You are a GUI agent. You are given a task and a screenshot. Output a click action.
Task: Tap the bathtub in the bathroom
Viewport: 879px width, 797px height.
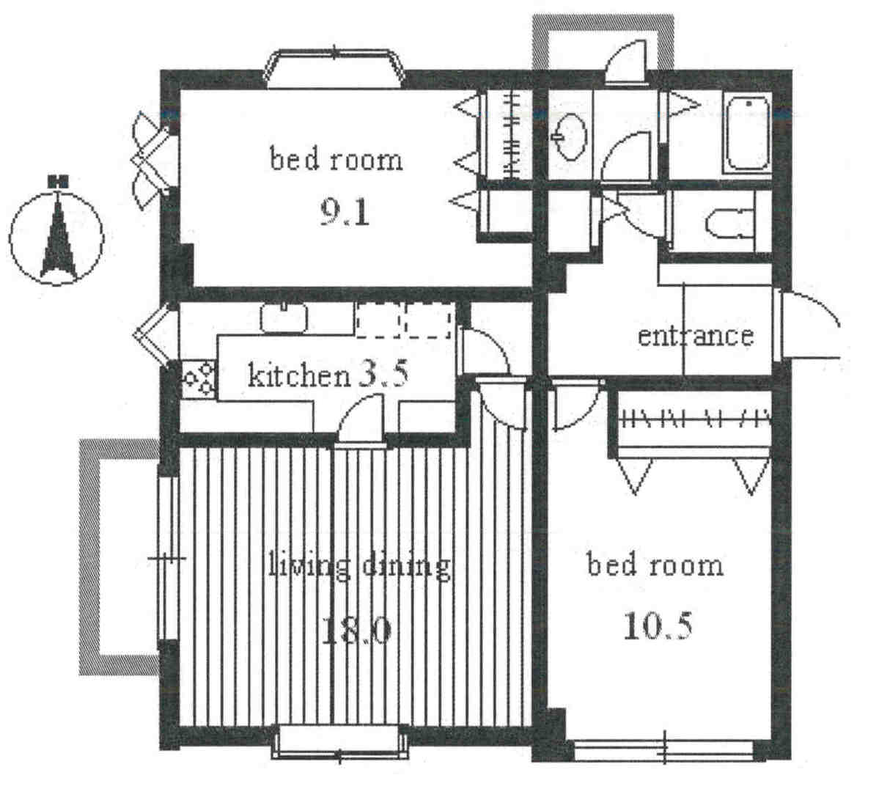[x=748, y=134]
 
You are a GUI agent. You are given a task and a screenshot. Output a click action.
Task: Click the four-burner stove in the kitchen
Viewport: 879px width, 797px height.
[x=199, y=378]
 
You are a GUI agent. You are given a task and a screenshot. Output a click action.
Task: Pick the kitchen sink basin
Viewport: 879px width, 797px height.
[x=284, y=317]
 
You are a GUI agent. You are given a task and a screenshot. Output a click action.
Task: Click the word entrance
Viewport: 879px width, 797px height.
[x=696, y=336]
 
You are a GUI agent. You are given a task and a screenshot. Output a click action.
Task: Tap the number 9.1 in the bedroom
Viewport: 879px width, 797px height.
[x=345, y=213]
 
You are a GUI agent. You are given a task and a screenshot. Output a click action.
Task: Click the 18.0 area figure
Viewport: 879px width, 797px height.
[x=356, y=631]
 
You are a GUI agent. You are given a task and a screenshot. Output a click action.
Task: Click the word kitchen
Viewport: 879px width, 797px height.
[x=299, y=375]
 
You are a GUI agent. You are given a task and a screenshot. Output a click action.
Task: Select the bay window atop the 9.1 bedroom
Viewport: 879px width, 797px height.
[x=335, y=69]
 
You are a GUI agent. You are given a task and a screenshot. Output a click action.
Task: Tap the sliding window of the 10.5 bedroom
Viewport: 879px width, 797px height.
[x=663, y=749]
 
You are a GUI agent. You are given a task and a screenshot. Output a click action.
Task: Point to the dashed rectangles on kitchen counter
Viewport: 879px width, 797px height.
[x=405, y=320]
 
